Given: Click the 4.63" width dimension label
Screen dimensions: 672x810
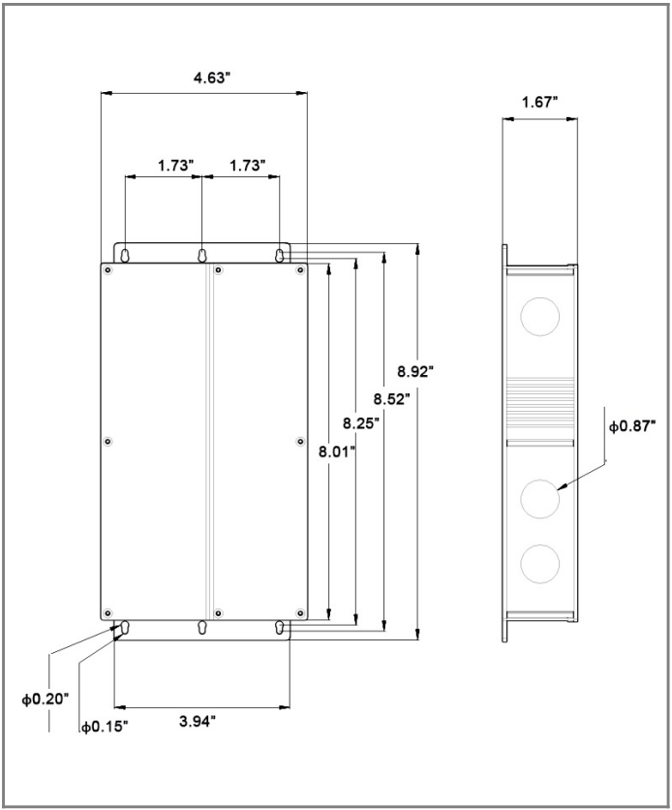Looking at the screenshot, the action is click(x=211, y=78).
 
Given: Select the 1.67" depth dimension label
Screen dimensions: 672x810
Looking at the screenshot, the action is click(x=540, y=103).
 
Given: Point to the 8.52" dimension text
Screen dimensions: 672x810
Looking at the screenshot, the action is click(x=392, y=399).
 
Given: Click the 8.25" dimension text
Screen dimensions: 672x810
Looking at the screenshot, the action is click(x=361, y=423).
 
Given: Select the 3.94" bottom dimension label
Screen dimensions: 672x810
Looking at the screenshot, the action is click(x=198, y=721).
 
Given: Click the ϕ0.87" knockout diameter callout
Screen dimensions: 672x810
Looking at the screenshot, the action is click(x=632, y=426).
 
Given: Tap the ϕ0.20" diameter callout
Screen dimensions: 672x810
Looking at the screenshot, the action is click(x=46, y=700).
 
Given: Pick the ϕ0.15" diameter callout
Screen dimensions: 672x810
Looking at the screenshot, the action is click(x=105, y=728).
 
